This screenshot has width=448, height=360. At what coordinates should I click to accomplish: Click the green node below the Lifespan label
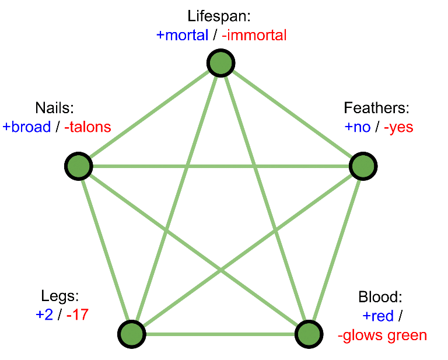(221, 63)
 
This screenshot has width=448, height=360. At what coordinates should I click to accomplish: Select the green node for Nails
(79, 166)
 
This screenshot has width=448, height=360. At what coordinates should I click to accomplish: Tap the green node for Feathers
(363, 166)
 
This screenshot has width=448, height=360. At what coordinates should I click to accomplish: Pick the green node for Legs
(132, 334)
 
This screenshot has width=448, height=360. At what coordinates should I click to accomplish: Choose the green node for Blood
(309, 334)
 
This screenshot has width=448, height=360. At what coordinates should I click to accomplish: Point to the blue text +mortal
(182, 36)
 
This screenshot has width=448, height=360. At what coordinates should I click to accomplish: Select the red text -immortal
(254, 36)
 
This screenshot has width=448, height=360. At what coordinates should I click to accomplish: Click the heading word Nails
(55, 108)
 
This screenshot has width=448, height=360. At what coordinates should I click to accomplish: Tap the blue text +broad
(27, 127)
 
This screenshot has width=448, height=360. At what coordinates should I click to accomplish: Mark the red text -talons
(87, 127)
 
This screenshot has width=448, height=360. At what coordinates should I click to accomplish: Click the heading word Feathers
(376, 108)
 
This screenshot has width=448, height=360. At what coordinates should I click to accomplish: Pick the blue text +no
(358, 127)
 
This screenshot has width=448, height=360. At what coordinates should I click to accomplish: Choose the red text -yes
(398, 127)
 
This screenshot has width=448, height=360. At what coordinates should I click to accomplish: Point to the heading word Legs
(60, 296)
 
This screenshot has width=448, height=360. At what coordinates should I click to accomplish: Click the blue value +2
(44, 314)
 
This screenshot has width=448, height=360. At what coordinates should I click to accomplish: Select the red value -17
(78, 314)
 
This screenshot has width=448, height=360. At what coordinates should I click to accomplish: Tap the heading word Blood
(380, 297)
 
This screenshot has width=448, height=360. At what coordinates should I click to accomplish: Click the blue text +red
(378, 316)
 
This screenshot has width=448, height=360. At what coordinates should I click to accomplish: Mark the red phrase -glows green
(382, 335)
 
